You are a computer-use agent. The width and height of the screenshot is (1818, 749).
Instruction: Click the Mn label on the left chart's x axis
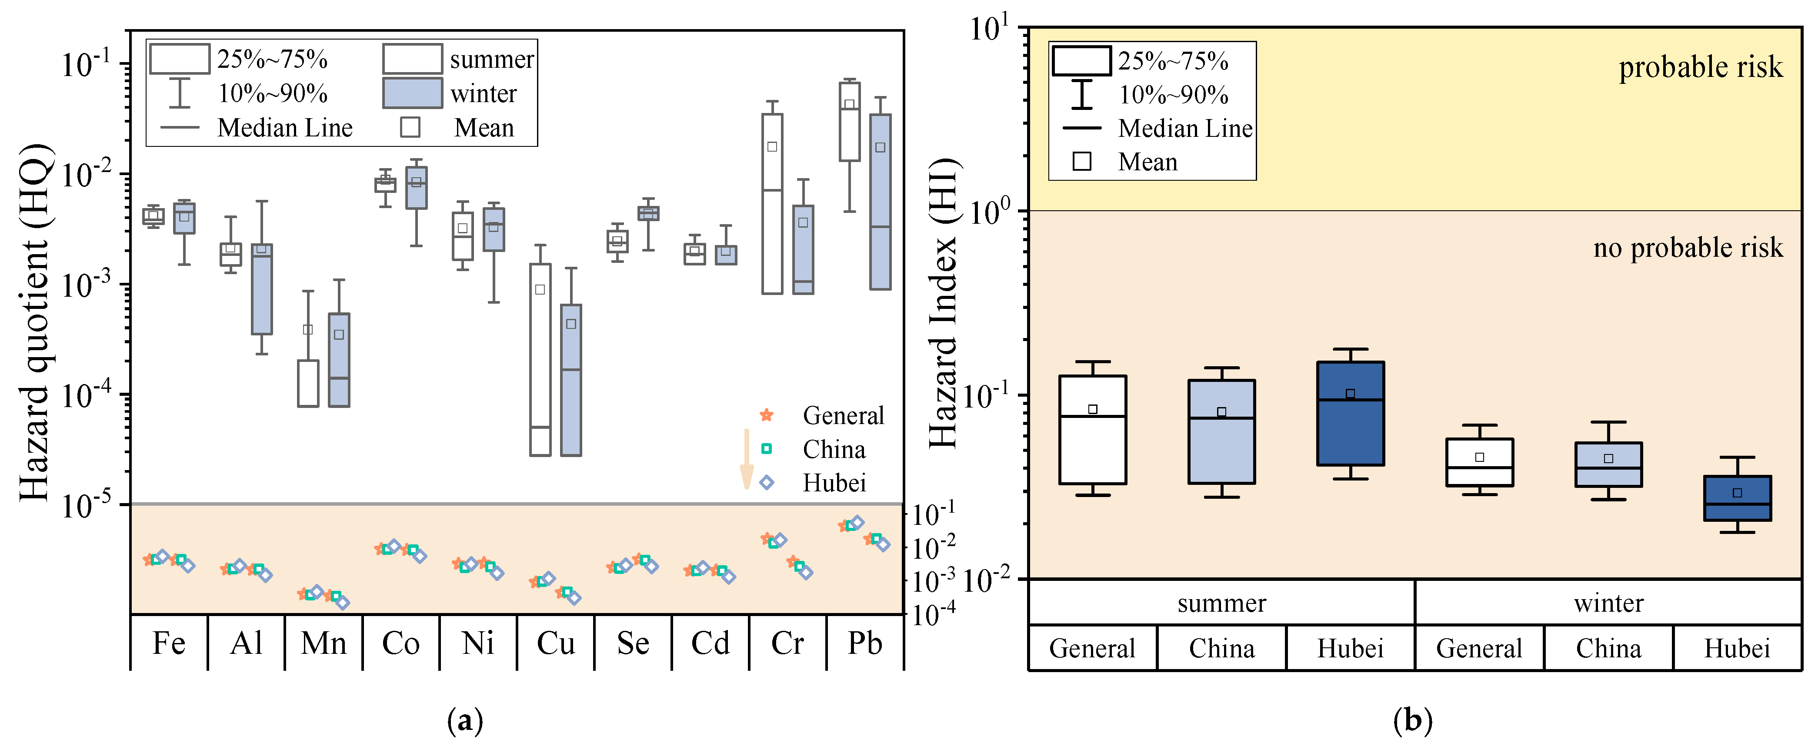pyautogui.click(x=323, y=643)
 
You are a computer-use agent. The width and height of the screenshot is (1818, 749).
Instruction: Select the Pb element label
pyautogui.click(x=864, y=643)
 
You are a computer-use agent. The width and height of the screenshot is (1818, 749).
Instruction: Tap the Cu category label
pyautogui.click(x=555, y=643)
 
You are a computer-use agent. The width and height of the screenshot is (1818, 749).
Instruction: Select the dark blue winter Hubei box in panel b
pyautogui.click(x=1737, y=498)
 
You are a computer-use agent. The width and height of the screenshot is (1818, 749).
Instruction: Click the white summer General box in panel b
pyautogui.click(x=1092, y=430)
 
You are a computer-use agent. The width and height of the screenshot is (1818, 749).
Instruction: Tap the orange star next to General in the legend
pyautogui.click(x=767, y=415)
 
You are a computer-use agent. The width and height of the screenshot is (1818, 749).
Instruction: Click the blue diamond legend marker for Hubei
pyautogui.click(x=767, y=483)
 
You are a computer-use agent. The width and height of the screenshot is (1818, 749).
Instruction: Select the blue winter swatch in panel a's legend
pyautogui.click(x=413, y=93)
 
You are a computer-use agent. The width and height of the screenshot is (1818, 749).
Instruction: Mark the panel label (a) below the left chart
pyautogui.click(x=465, y=721)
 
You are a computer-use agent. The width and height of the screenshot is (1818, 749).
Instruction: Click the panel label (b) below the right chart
pyautogui.click(x=1413, y=721)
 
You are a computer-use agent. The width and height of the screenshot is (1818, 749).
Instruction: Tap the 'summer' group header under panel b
pyautogui.click(x=1222, y=603)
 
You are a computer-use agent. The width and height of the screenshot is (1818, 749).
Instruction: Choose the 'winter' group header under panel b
pyautogui.click(x=1608, y=603)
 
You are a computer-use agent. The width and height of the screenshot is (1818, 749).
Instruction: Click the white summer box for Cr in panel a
pyautogui.click(x=772, y=203)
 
